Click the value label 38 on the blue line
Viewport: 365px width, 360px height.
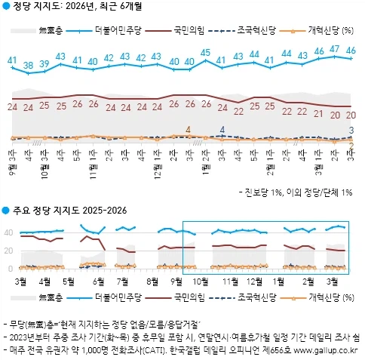[29, 66]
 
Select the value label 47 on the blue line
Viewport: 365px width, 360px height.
[335, 49]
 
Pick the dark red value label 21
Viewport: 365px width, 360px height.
[318, 115]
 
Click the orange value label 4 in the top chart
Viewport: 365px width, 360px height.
[188, 129]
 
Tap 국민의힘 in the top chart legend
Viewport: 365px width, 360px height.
[189, 31]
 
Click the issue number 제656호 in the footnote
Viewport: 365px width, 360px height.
[278, 352]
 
